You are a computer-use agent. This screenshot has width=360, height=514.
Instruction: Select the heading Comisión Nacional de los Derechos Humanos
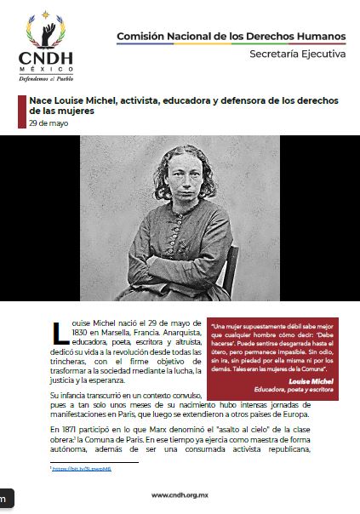pyautogui.click(x=231, y=37)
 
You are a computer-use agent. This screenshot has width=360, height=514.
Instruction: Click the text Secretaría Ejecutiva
pyautogui.click(x=297, y=54)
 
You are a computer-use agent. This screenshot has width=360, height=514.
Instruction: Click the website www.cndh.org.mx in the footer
pyautogui.click(x=180, y=494)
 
